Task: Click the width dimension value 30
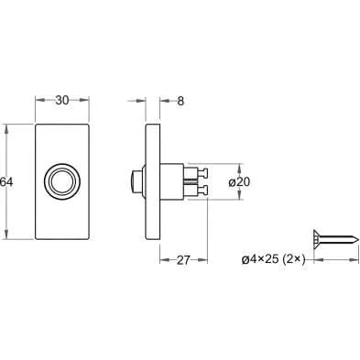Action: coord(62,100)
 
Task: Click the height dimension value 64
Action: coord(6,182)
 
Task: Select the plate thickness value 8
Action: coord(180,101)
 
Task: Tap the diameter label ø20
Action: coord(239,182)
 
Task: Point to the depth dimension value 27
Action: coord(183,260)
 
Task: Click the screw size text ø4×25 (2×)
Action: coord(273,260)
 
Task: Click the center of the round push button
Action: coord(62,182)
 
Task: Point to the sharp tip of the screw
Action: coord(357,238)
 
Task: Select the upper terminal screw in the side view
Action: coord(202,173)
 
